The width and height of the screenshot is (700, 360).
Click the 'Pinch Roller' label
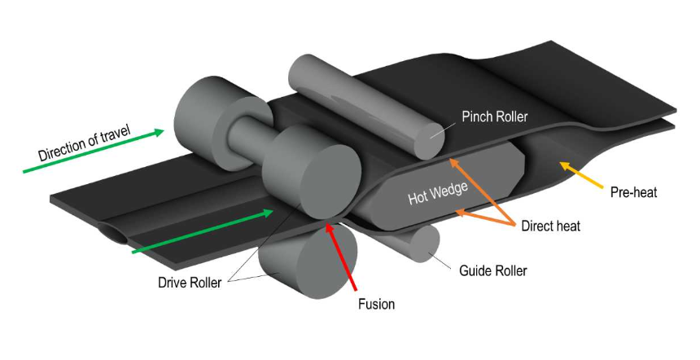point(495,116)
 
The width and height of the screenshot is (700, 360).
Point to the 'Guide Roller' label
point(494,270)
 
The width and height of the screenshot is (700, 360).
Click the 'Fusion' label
point(377,304)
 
